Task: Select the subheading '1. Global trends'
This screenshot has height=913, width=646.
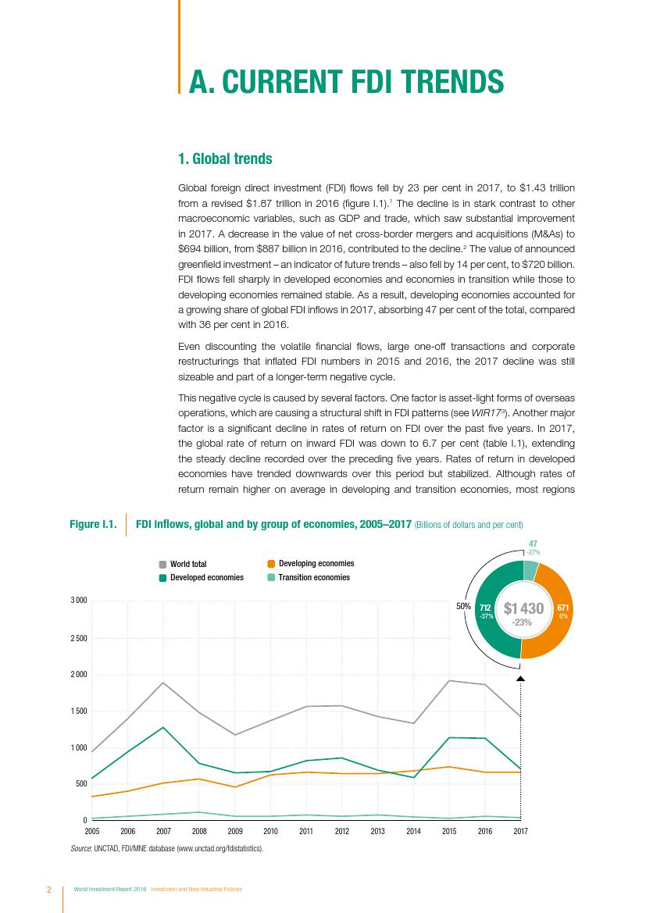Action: pyautogui.click(x=225, y=159)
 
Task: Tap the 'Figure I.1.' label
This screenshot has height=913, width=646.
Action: pyautogui.click(x=93, y=524)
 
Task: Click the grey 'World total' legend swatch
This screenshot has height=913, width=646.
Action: pyautogui.click(x=162, y=564)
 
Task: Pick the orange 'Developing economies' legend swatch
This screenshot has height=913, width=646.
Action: pyautogui.click(x=271, y=563)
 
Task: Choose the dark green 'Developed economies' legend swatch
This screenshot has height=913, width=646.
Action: pyautogui.click(x=162, y=578)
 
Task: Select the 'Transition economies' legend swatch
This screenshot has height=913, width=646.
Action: pyautogui.click(x=271, y=578)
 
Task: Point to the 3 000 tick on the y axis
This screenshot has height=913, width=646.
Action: pyautogui.click(x=78, y=601)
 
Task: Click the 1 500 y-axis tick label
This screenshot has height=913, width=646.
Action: pyautogui.click(x=78, y=711)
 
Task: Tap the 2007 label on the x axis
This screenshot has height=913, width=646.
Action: pyautogui.click(x=163, y=832)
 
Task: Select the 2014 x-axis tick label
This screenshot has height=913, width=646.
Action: pyautogui.click(x=413, y=832)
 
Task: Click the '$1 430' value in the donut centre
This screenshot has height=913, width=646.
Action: pyautogui.click(x=523, y=608)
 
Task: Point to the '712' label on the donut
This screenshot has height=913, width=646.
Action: pyautogui.click(x=485, y=607)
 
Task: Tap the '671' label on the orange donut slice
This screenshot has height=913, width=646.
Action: pyautogui.click(x=562, y=607)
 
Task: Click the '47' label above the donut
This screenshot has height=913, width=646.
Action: pyautogui.click(x=532, y=544)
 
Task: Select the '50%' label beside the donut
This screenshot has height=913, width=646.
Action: pyautogui.click(x=462, y=605)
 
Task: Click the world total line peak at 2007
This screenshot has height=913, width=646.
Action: pyautogui.click(x=163, y=683)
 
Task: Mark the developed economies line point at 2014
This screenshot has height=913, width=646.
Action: pyautogui.click(x=413, y=778)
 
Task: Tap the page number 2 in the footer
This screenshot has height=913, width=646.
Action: pyautogui.click(x=48, y=890)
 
